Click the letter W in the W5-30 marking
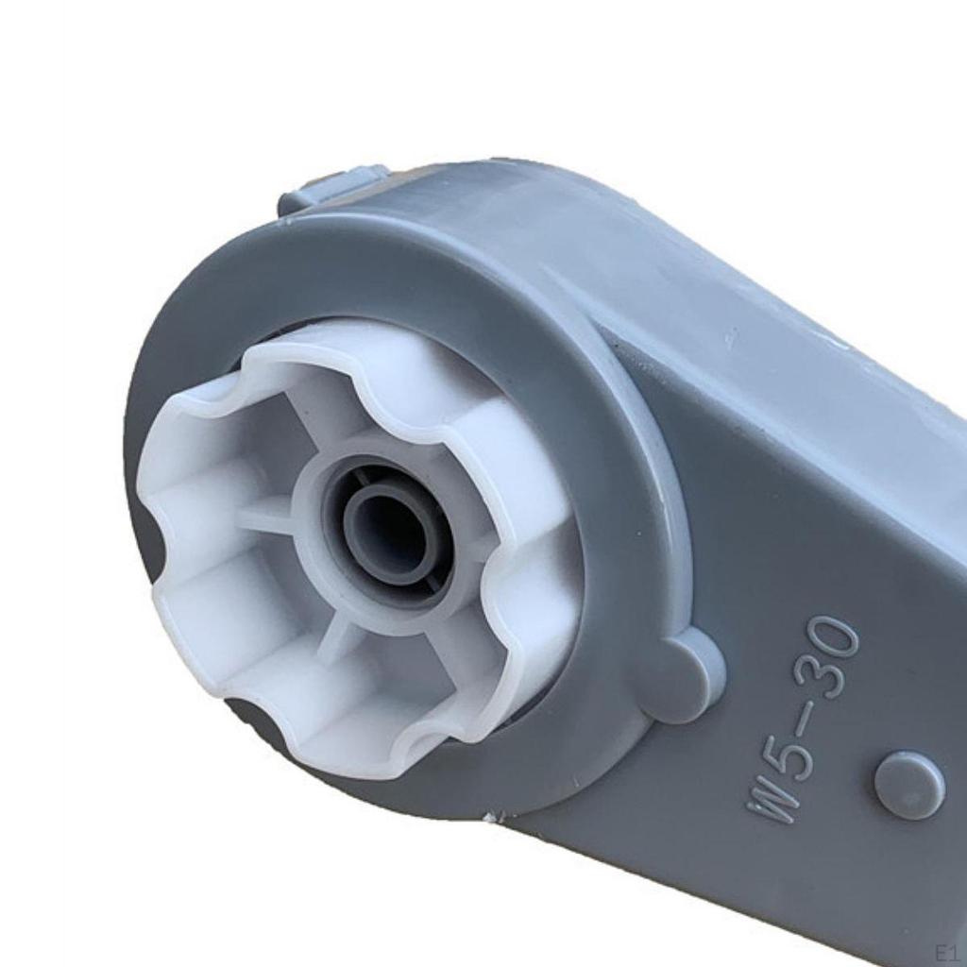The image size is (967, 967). [x=772, y=802]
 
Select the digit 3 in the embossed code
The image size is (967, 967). [x=821, y=677]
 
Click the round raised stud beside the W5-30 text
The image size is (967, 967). [x=908, y=785]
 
